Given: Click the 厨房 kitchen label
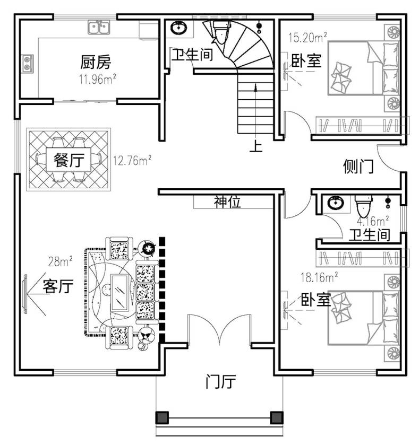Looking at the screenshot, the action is pyautogui.click(x=96, y=62).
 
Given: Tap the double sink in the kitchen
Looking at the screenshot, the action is pyautogui.click(x=99, y=27).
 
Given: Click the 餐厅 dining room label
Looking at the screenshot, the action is pyautogui.click(x=69, y=160).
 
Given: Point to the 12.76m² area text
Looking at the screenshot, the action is pyautogui.click(x=132, y=161).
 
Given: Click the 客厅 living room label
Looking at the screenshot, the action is pyautogui.click(x=58, y=286).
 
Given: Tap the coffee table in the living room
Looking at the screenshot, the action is pyautogui.click(x=119, y=292).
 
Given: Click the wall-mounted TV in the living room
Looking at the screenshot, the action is pyautogui.click(x=25, y=294).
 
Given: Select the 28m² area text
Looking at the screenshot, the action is pyautogui.click(x=60, y=261).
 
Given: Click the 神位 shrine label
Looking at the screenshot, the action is pyautogui.click(x=227, y=202).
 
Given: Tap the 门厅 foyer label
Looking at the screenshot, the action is pyautogui.click(x=220, y=381).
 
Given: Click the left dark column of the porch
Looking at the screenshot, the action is pyautogui.click(x=162, y=417).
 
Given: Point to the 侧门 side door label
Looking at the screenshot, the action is pyautogui.click(x=358, y=166).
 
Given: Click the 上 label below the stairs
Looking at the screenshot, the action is pyautogui.click(x=256, y=146).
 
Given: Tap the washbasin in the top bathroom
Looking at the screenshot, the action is pyautogui.click(x=178, y=28).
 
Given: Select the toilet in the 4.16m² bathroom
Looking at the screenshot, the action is pyautogui.click(x=364, y=206).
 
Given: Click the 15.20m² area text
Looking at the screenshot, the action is pyautogui.click(x=307, y=37).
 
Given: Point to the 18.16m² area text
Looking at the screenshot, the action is pyautogui.click(x=319, y=277).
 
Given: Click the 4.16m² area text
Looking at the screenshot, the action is pyautogui.click(x=373, y=221).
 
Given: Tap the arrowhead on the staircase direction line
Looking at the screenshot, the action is pyautogui.click(x=256, y=87).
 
